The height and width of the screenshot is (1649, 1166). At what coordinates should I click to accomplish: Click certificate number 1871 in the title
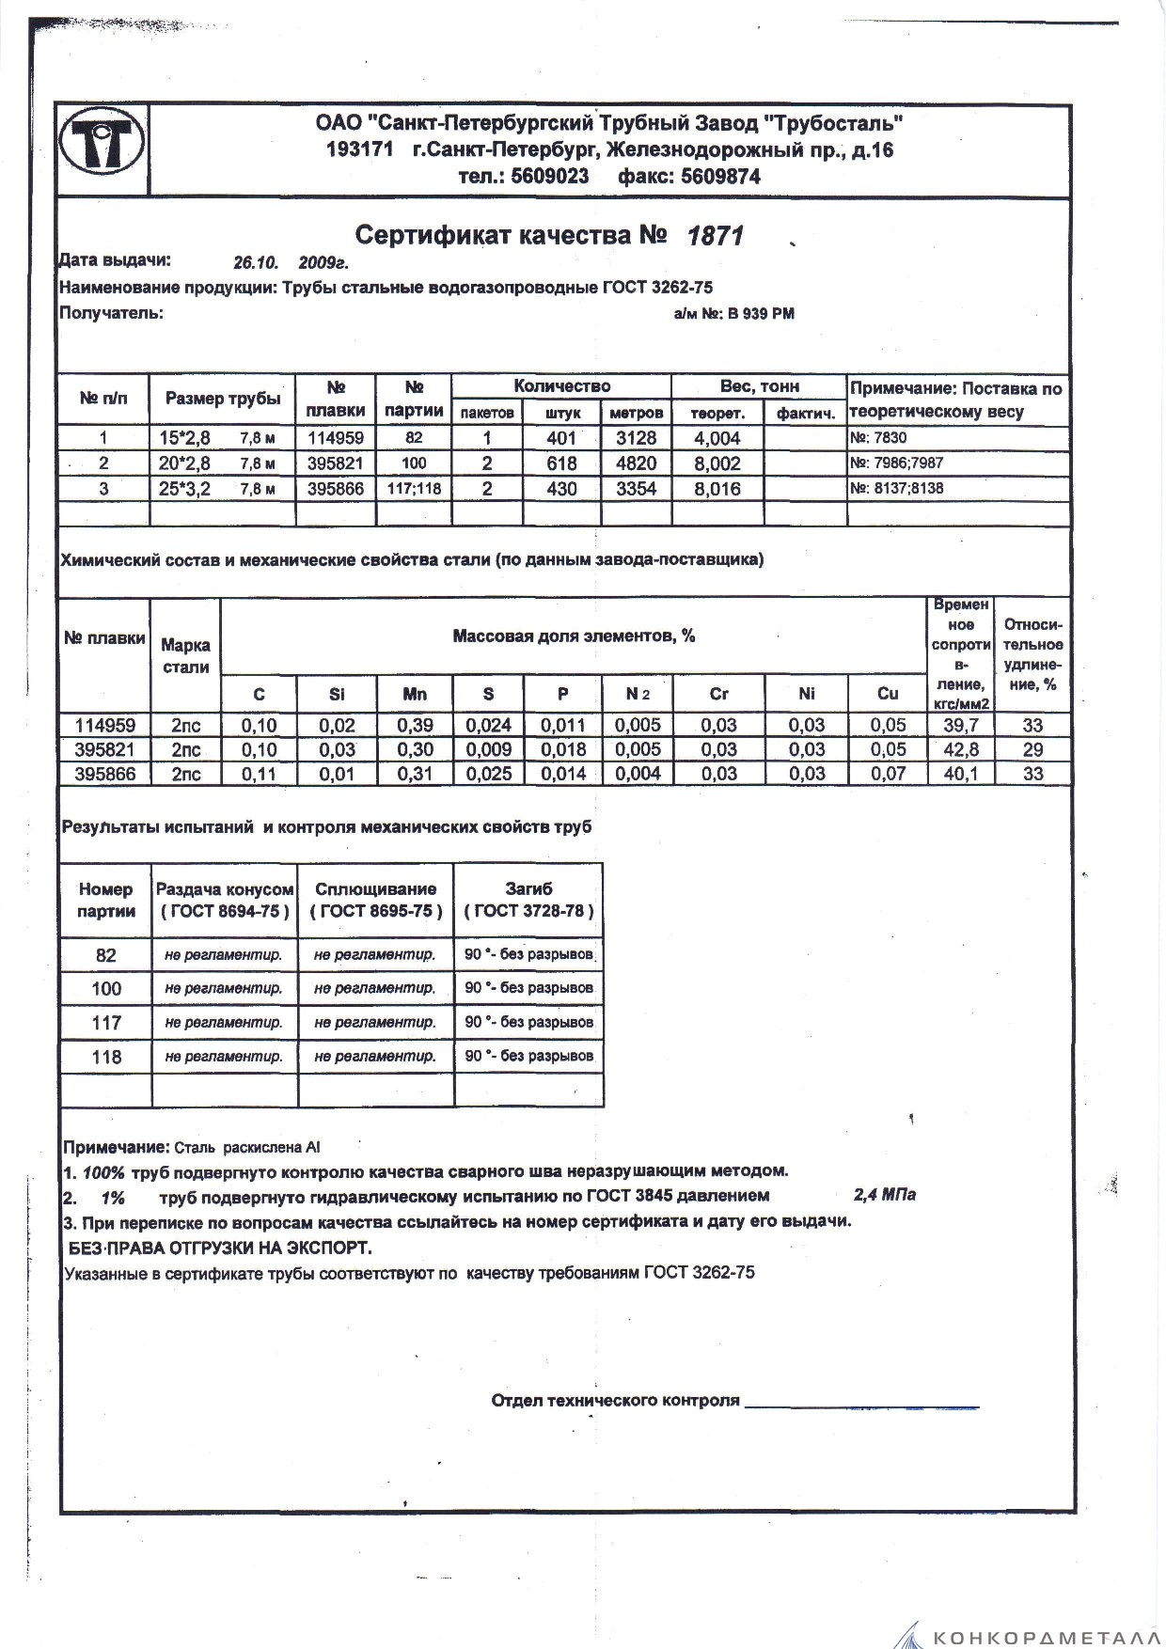pos(716,236)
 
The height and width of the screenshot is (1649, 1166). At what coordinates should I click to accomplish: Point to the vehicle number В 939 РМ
pos(760,314)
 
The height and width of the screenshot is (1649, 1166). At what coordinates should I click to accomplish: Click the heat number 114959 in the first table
pos(336,437)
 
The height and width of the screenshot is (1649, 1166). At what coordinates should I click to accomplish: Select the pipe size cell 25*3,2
pos(184,489)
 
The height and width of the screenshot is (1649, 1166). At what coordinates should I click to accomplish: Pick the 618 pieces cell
pos(561,463)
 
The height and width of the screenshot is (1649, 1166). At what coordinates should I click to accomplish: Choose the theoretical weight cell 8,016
pos(717,489)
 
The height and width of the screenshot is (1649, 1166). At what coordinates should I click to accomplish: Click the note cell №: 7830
pos(878,437)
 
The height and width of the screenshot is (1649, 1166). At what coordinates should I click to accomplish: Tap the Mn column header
pos(414,694)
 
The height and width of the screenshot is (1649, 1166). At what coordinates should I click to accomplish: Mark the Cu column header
pos(888,694)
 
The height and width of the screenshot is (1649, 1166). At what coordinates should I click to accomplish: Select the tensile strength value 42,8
pos(960,749)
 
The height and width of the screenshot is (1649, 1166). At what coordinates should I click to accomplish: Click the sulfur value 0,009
pos(488,749)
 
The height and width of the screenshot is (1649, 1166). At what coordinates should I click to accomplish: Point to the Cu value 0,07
pos(888,774)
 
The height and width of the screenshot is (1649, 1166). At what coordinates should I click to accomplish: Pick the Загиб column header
pos(528,888)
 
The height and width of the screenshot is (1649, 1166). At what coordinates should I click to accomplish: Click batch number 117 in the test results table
pos(106,1022)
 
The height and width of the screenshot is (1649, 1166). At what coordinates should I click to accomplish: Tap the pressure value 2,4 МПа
pos(884,1196)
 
